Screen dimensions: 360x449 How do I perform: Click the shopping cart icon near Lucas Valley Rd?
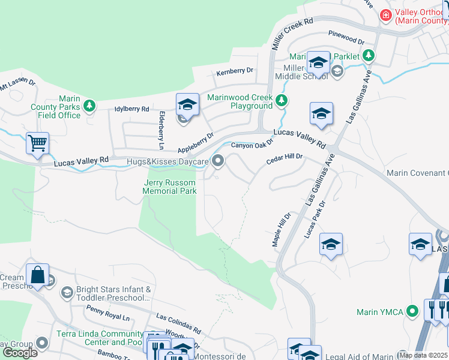click(37, 143)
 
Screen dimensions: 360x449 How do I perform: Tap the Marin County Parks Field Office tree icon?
click(89, 106)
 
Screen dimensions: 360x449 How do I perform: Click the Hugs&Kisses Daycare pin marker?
click(218, 161)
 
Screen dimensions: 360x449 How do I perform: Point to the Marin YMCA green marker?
click(412, 311)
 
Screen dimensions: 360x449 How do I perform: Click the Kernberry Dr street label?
click(235, 71)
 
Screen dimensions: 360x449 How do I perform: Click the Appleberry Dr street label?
click(196, 143)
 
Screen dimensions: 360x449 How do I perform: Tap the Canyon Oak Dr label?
click(252, 145)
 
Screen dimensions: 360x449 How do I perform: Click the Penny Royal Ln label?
click(108, 313)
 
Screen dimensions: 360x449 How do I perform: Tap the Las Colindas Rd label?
click(178, 322)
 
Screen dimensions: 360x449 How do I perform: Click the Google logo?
click(20, 352)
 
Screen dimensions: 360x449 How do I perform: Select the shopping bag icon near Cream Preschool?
click(37, 275)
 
